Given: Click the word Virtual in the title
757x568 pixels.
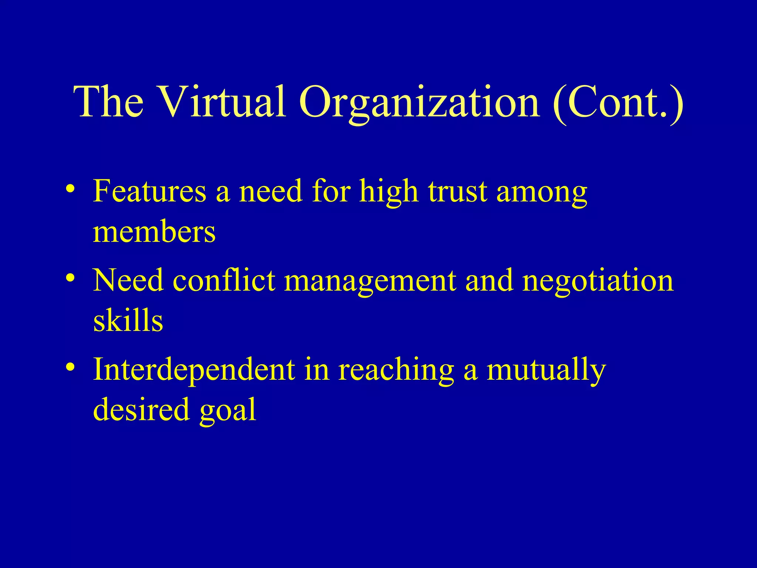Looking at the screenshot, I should (x=223, y=101).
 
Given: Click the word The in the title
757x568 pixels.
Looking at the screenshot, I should (x=109, y=101).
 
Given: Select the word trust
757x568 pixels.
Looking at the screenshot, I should (x=458, y=192).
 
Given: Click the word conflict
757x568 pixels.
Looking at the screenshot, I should (x=224, y=280).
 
